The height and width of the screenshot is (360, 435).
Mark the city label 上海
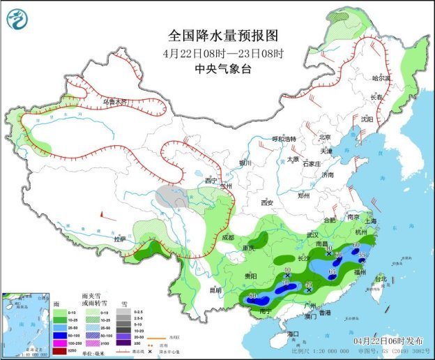tap(371, 221)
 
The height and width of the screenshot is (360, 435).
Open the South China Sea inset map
tap(26, 324)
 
